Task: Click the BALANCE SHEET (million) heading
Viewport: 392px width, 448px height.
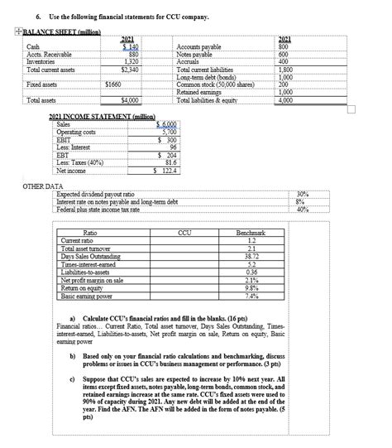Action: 50,28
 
